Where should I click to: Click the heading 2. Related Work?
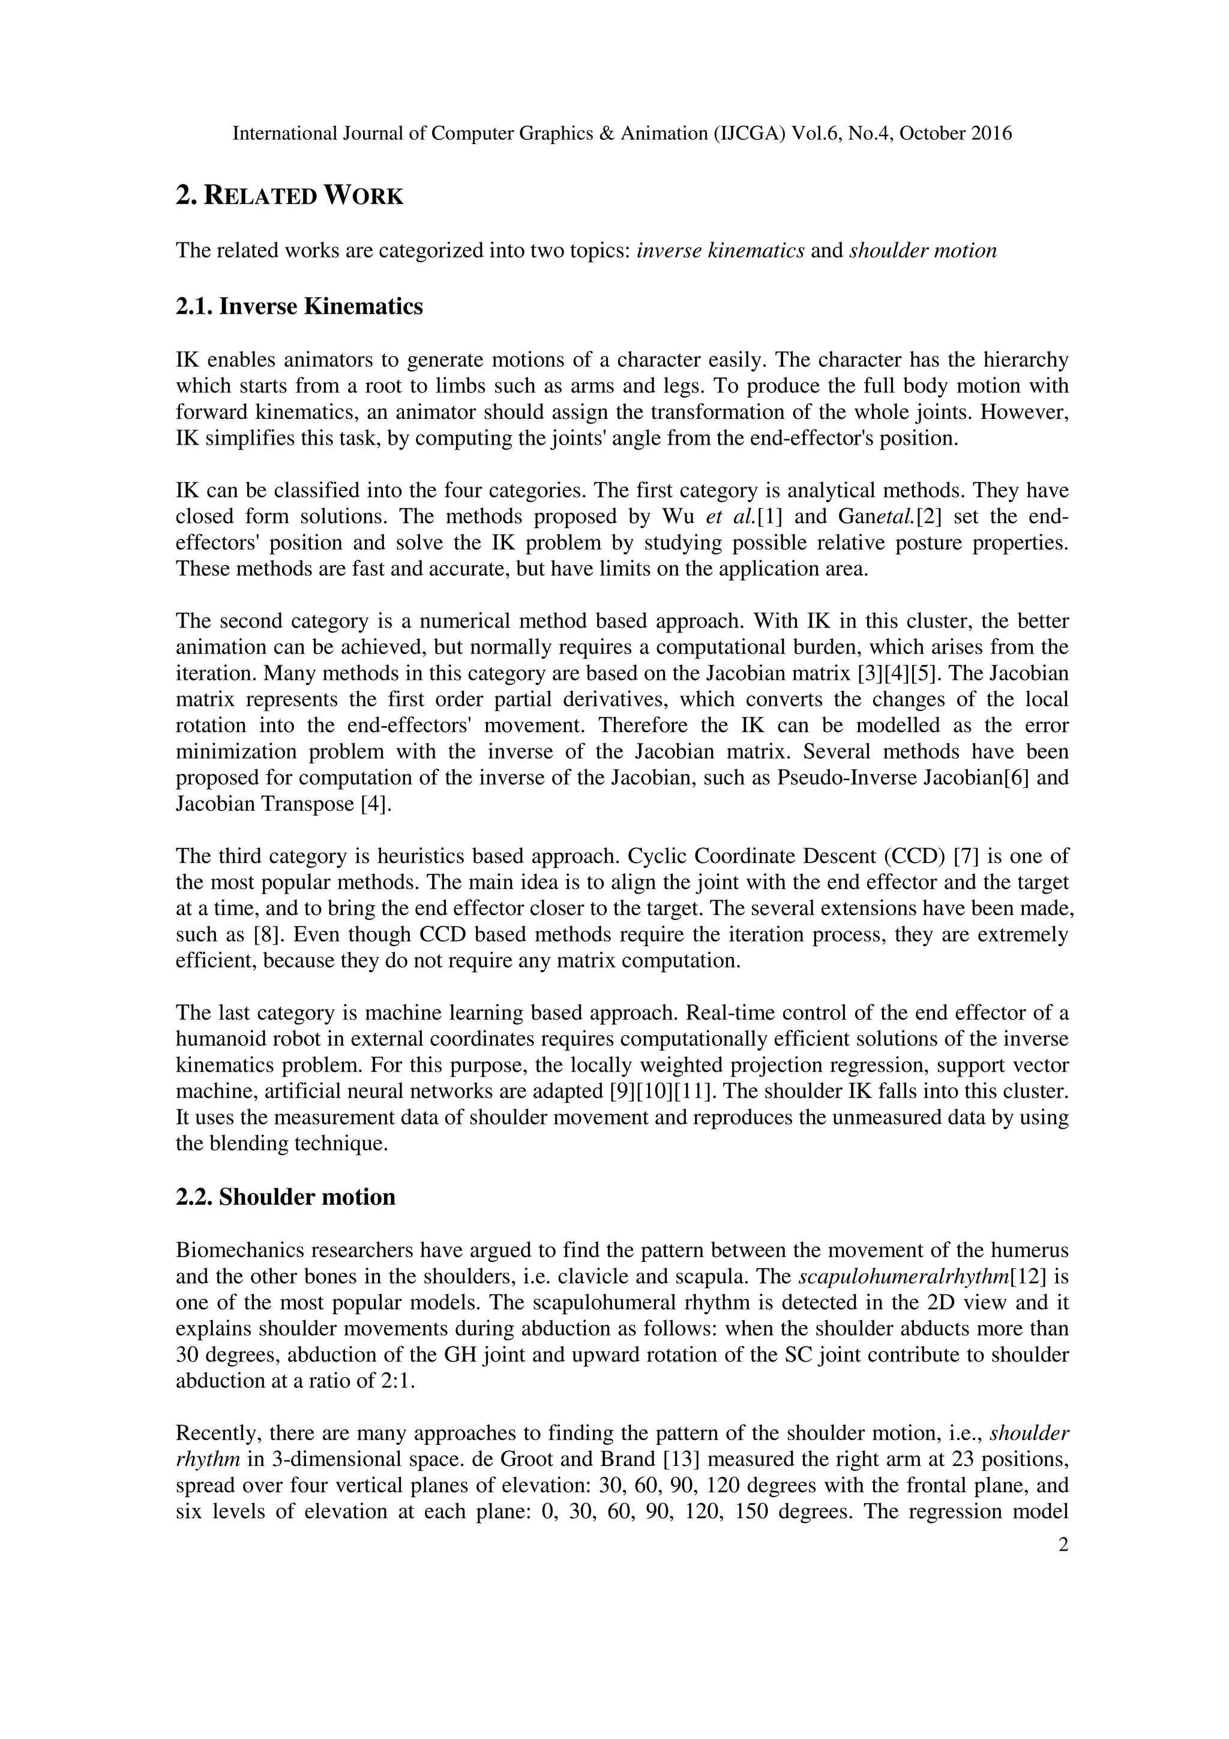tap(289, 196)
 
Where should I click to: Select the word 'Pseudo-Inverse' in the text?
tap(848, 778)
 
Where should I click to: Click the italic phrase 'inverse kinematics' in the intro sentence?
tap(720, 251)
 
